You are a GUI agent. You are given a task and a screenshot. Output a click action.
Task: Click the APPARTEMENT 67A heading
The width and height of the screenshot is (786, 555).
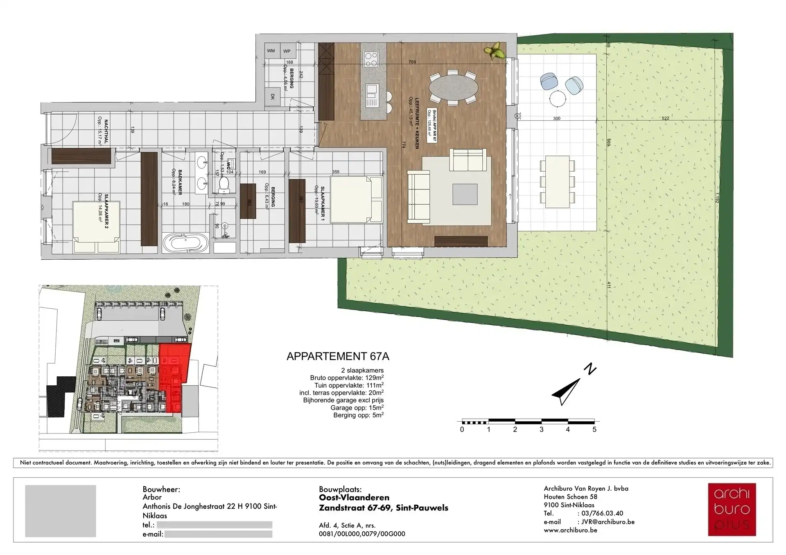point(338,356)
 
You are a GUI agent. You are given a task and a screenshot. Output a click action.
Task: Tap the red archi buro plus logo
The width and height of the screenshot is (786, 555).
point(732,510)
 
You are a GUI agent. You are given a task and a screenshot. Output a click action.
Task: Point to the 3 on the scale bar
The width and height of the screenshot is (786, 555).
point(542,429)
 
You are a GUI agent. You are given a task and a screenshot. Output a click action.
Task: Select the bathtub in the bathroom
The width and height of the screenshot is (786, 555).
point(186,243)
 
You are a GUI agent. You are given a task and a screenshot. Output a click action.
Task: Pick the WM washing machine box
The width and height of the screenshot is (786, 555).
point(271,51)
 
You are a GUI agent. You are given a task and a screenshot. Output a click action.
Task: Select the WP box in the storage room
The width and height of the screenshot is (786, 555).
point(287,51)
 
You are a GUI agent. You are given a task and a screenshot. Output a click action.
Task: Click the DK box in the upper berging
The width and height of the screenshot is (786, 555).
point(273,97)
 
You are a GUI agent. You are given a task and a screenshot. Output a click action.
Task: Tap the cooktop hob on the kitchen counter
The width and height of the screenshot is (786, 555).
point(371,59)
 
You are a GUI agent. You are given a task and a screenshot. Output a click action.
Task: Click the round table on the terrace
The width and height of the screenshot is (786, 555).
point(558,99)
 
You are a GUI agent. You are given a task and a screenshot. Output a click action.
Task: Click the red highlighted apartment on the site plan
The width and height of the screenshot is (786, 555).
point(174,378)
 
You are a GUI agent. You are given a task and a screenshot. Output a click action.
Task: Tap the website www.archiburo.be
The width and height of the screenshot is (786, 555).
point(570,530)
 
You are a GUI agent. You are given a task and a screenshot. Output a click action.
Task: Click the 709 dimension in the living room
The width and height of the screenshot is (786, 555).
point(412,62)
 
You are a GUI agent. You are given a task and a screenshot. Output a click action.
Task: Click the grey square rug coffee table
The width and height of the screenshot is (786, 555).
point(465,194)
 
